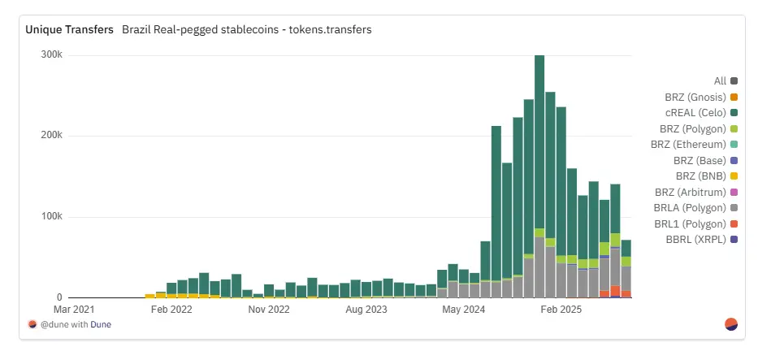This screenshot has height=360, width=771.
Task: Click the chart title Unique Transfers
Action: pos(69,29)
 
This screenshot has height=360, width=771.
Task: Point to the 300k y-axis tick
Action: pos(52,55)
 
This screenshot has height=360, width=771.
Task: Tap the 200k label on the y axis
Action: pos(52,136)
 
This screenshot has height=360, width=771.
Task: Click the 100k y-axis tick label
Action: pos(52,217)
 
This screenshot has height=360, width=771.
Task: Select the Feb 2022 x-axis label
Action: pos(171,310)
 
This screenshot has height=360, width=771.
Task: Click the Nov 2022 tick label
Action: pos(269,310)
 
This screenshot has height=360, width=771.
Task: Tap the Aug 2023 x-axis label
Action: pos(366,310)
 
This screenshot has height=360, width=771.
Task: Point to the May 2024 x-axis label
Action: pos(463,310)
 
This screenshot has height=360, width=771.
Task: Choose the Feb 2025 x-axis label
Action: pos(561,310)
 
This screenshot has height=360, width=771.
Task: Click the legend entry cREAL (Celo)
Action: pos(695,113)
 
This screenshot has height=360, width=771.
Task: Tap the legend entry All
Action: pos(720,81)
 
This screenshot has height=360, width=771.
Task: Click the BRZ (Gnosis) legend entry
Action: pos(695,97)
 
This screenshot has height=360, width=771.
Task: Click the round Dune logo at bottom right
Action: pos(731,324)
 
